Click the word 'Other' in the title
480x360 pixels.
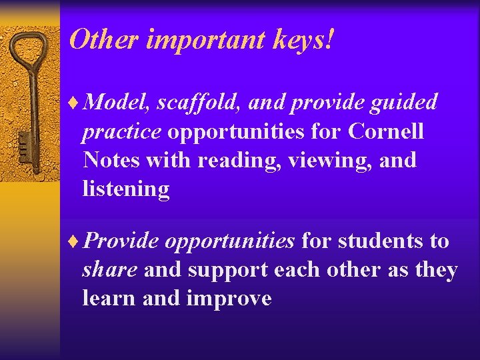click(x=103, y=40)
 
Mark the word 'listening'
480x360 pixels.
click(x=126, y=190)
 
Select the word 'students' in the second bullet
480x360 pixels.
click(x=381, y=241)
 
